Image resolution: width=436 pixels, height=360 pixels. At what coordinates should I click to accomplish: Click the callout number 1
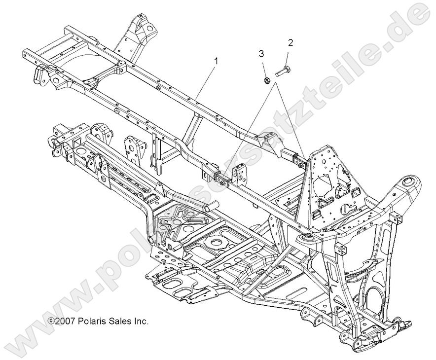click(x=216, y=61)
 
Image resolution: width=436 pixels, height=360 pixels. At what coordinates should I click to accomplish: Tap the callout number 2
click(x=291, y=43)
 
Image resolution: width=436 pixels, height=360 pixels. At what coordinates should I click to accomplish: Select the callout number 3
click(x=262, y=53)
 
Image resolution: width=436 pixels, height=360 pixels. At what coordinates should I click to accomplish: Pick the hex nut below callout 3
click(x=265, y=78)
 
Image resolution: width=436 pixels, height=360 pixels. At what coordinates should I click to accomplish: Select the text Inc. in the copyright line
click(x=141, y=321)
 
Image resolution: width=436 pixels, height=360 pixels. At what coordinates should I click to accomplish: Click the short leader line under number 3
click(x=263, y=67)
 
